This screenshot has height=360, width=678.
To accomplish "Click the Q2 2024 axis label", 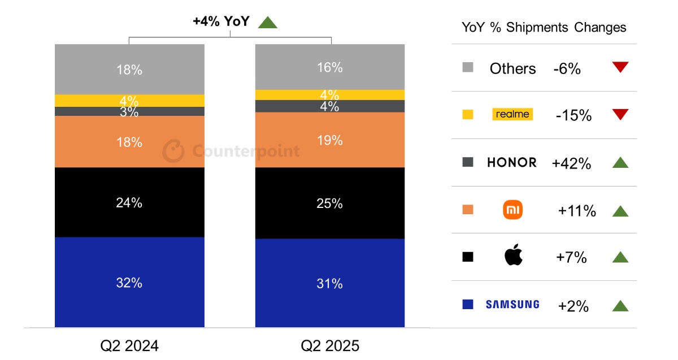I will pos(129,345).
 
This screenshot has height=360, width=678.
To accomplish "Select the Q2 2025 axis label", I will pos(330,345).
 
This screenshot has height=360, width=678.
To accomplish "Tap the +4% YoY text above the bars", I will pos(221,21).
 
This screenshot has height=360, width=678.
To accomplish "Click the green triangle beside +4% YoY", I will pos(268,22).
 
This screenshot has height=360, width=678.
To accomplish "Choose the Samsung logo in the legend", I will pos(512,305).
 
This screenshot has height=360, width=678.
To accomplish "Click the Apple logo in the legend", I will pos(513,256).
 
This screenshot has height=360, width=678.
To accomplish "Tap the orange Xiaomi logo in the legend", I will pos(512,211).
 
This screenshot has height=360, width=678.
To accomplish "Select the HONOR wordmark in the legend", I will pos(512,163).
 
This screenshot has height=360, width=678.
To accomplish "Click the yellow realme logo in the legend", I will pos(512,114).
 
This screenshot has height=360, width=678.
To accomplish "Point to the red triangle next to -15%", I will pos(620,115).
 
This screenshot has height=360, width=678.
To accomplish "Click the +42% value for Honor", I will pos(571,163).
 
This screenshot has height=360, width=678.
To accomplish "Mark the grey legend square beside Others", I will pos(467,68).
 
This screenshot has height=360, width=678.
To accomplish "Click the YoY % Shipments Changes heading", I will pos(544,27).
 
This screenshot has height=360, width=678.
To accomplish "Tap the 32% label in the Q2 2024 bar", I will pos(129,283).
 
